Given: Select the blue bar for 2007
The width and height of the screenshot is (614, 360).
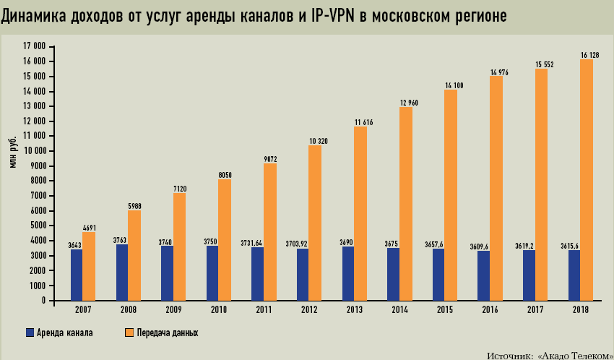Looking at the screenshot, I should click(x=77, y=275).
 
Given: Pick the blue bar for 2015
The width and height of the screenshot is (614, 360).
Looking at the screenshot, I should click(x=438, y=275).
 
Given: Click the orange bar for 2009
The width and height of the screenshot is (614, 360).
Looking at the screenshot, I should click(x=179, y=247).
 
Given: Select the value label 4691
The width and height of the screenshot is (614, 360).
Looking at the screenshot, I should click(x=90, y=227).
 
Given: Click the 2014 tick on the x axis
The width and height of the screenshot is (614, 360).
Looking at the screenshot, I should click(x=399, y=309).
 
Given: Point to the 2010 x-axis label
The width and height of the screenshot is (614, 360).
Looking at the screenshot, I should click(x=218, y=309).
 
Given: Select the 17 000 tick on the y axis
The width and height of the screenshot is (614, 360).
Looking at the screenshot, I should click(x=35, y=46).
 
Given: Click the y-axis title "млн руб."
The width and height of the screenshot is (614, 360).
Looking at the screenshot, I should click(x=13, y=151).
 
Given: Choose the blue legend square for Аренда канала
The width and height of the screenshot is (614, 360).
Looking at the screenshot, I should click(x=30, y=333).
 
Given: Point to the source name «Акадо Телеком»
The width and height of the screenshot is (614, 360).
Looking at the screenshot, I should click(x=574, y=354).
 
